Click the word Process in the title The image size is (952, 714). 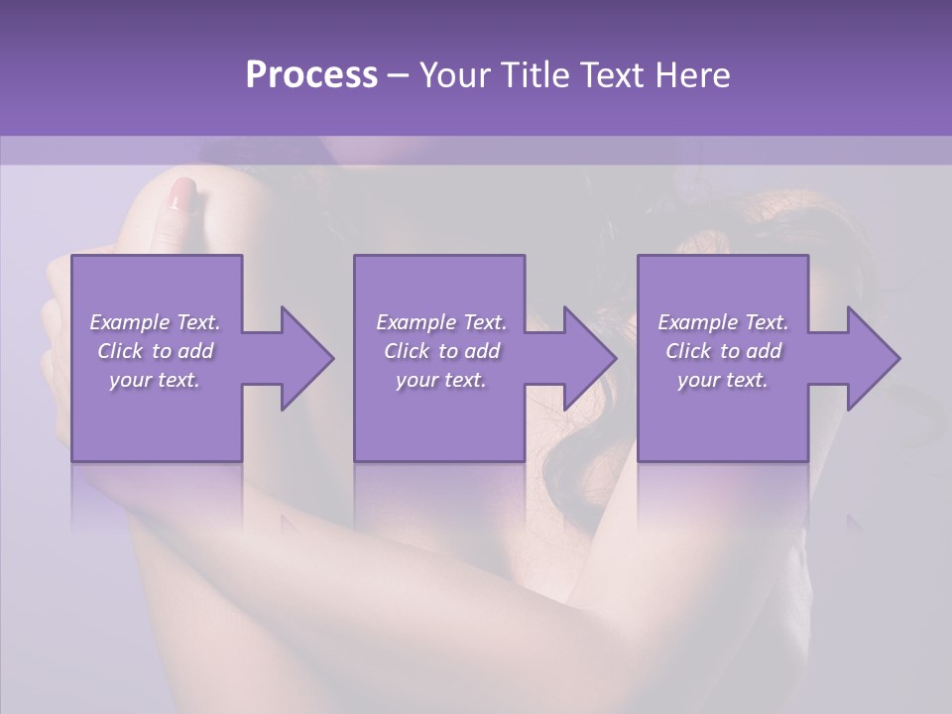[x=311, y=75]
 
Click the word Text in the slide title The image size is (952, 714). [x=614, y=75]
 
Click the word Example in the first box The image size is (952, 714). [x=129, y=322]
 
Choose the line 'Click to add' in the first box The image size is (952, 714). [x=156, y=351]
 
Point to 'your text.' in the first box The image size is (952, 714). [x=156, y=380]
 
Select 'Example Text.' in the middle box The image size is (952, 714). [x=440, y=322]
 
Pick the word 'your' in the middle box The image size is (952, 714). [x=416, y=380]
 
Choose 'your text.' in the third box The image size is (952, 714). [x=723, y=380]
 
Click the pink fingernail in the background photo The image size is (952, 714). [x=182, y=193]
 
